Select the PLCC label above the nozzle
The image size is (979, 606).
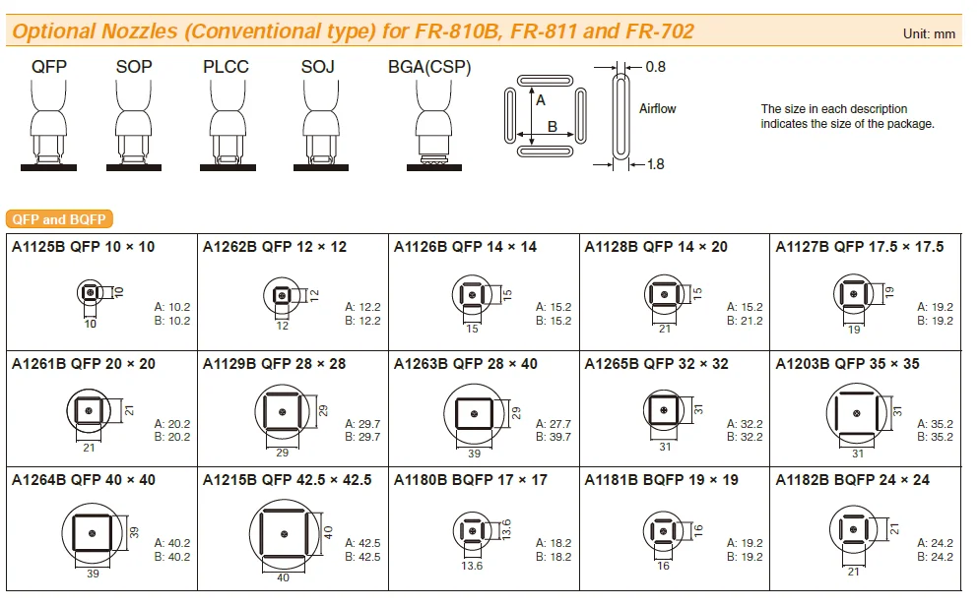pyautogui.click(x=227, y=68)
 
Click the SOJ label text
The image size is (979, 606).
pyautogui.click(x=318, y=68)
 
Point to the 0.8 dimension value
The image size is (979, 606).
pyautogui.click(x=655, y=68)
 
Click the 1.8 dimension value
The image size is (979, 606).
pyautogui.click(x=655, y=164)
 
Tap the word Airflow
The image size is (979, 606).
pyautogui.click(x=657, y=109)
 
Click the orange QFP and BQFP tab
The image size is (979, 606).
pyautogui.click(x=60, y=219)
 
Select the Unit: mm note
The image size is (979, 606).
pyautogui.click(x=929, y=33)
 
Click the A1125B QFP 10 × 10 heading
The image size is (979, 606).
pyautogui.click(x=84, y=247)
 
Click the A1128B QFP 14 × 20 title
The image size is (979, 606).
pyautogui.click(x=656, y=247)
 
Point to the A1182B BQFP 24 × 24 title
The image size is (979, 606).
pyautogui.click(x=853, y=480)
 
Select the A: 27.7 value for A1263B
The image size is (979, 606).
pyautogui.click(x=554, y=424)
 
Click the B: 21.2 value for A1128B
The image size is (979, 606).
pyautogui.click(x=745, y=321)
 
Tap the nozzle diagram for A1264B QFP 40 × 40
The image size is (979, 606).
pyautogui.click(x=92, y=532)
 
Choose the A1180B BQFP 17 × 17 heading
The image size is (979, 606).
pyautogui.click(x=471, y=480)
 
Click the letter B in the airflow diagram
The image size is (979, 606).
pyautogui.click(x=553, y=126)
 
